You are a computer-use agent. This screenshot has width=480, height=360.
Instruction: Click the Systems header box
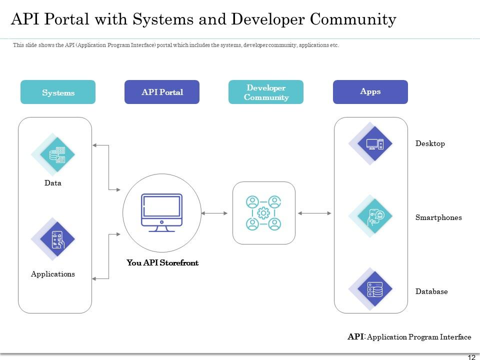tap(58, 92)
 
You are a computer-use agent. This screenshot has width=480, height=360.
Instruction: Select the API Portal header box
tap(162, 92)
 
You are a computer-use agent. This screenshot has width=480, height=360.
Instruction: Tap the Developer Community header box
tap(266, 92)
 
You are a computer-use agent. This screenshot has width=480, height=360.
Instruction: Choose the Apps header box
tap(370, 92)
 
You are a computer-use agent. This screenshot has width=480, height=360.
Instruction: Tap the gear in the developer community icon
tap(263, 213)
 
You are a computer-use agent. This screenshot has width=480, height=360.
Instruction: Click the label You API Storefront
tap(162, 262)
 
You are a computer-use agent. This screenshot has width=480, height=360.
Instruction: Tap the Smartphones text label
tap(438, 217)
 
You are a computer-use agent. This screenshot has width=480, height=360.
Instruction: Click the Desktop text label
tap(430, 143)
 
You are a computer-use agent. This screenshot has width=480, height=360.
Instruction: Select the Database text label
tap(431, 291)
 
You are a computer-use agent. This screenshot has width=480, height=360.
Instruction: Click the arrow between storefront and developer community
tap(214, 213)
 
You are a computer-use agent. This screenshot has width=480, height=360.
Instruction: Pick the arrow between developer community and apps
tap(314, 213)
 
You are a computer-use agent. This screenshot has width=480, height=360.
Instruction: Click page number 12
tap(471, 356)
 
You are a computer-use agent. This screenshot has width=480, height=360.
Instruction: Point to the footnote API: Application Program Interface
tap(409, 337)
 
